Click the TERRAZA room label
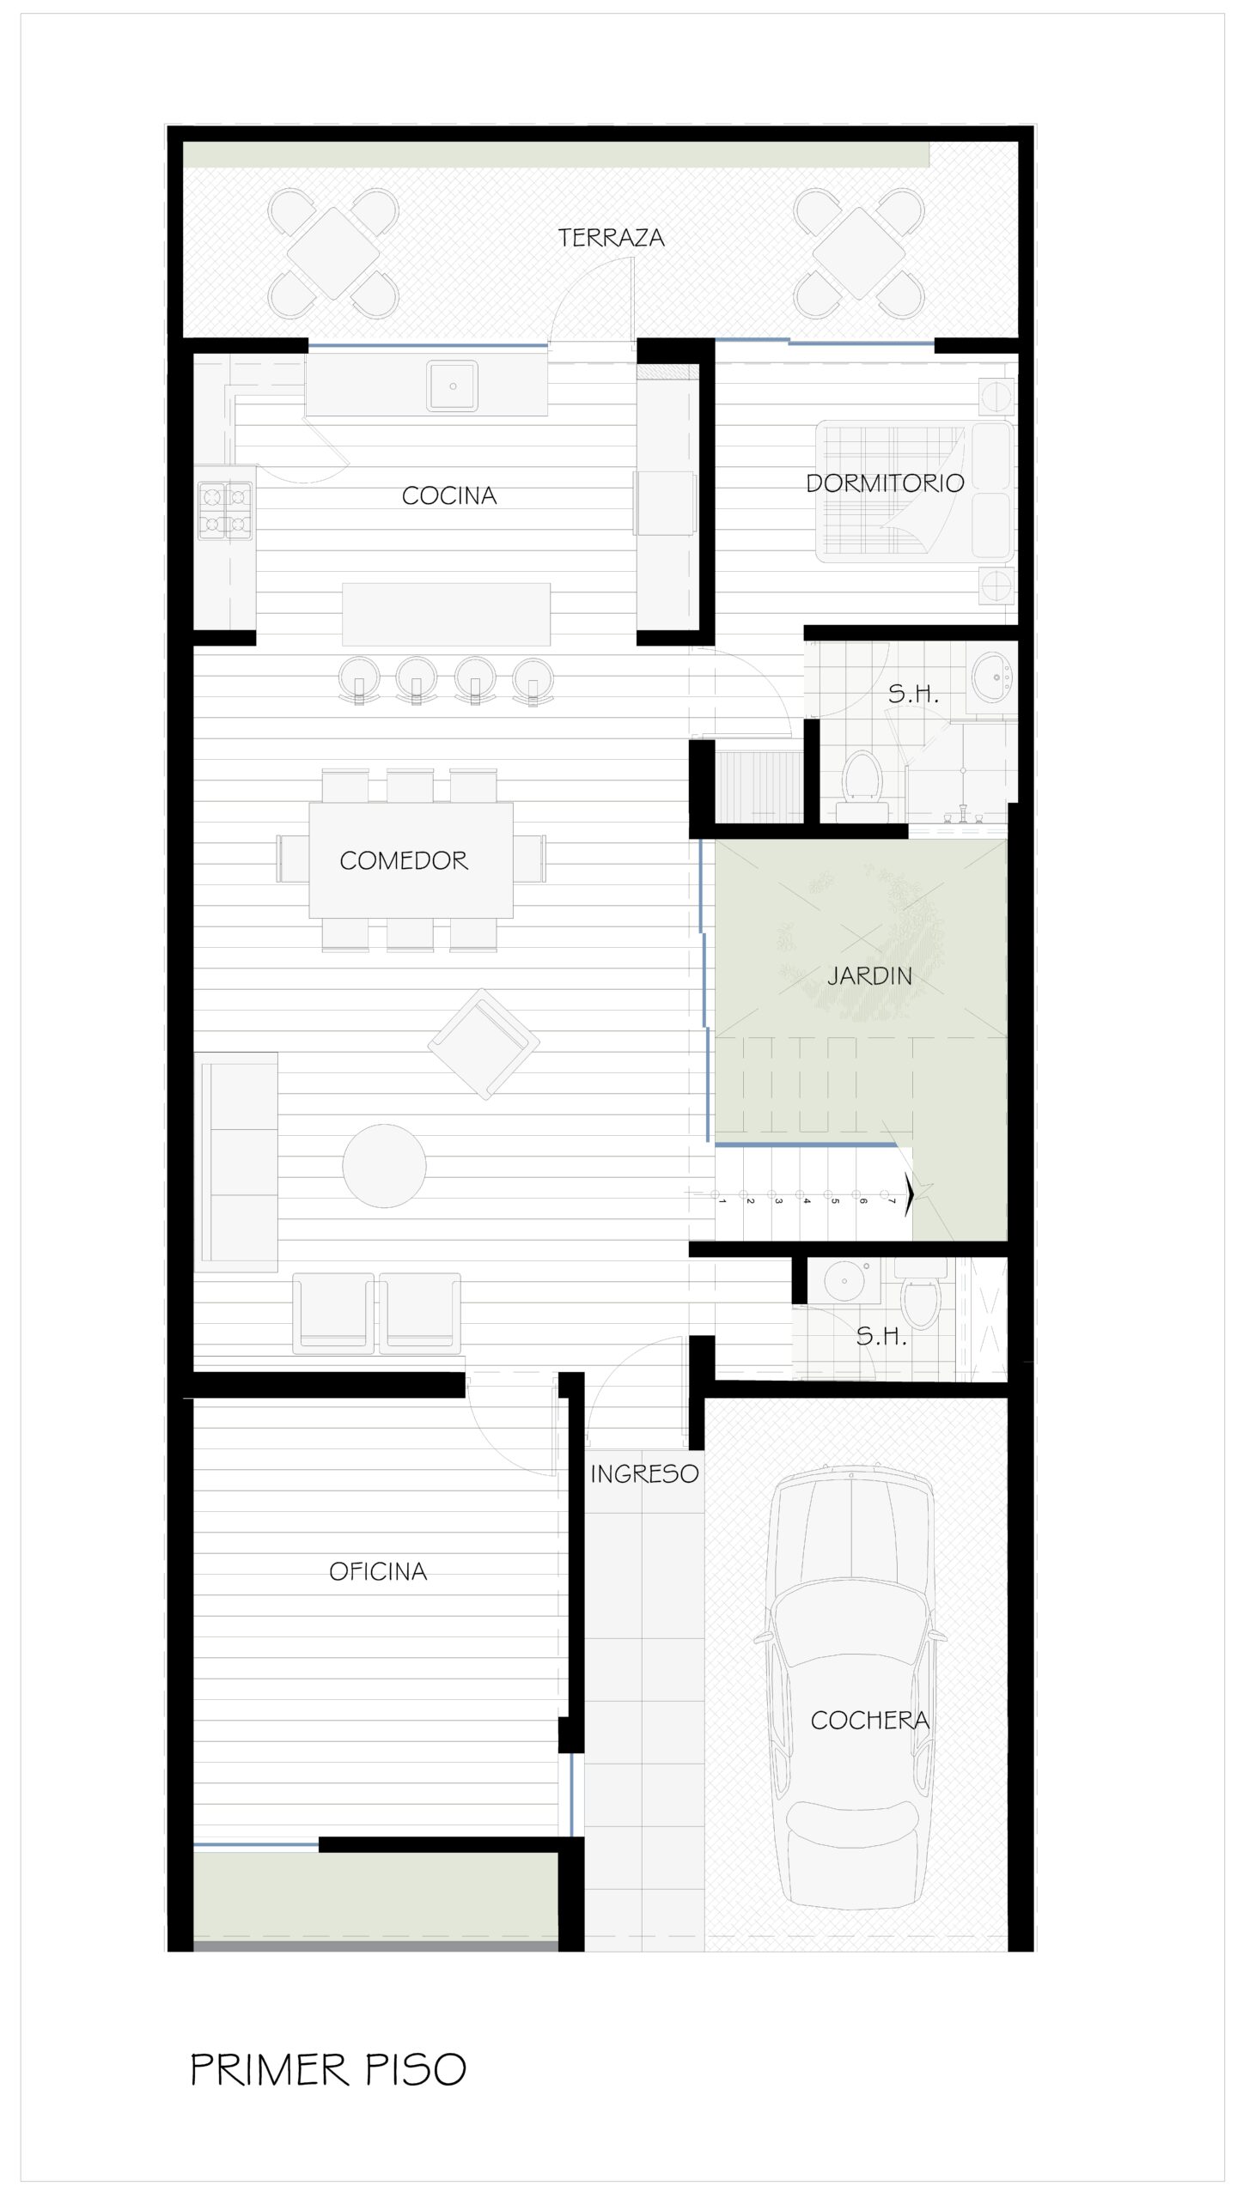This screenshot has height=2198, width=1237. [611, 238]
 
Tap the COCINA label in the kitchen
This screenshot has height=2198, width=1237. [449, 495]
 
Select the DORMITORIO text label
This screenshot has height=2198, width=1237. [885, 483]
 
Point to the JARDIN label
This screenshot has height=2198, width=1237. [869, 975]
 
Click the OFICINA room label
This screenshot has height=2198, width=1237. [378, 1571]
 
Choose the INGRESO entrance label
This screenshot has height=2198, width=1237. [644, 1474]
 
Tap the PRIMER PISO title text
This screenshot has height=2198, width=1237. [328, 2069]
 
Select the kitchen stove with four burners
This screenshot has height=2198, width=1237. [226, 511]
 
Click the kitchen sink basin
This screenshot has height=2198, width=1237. [453, 386]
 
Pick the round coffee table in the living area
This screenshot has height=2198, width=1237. [384, 1166]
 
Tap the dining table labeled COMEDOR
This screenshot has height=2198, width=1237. [411, 860]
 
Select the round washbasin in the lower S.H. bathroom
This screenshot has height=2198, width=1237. [844, 1282]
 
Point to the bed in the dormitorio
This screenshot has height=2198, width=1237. [915, 491]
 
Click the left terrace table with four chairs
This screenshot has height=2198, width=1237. [333, 253]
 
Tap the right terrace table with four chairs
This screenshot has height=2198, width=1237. [859, 253]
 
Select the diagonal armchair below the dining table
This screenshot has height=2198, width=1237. [484, 1043]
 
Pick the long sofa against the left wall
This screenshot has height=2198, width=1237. [236, 1162]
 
